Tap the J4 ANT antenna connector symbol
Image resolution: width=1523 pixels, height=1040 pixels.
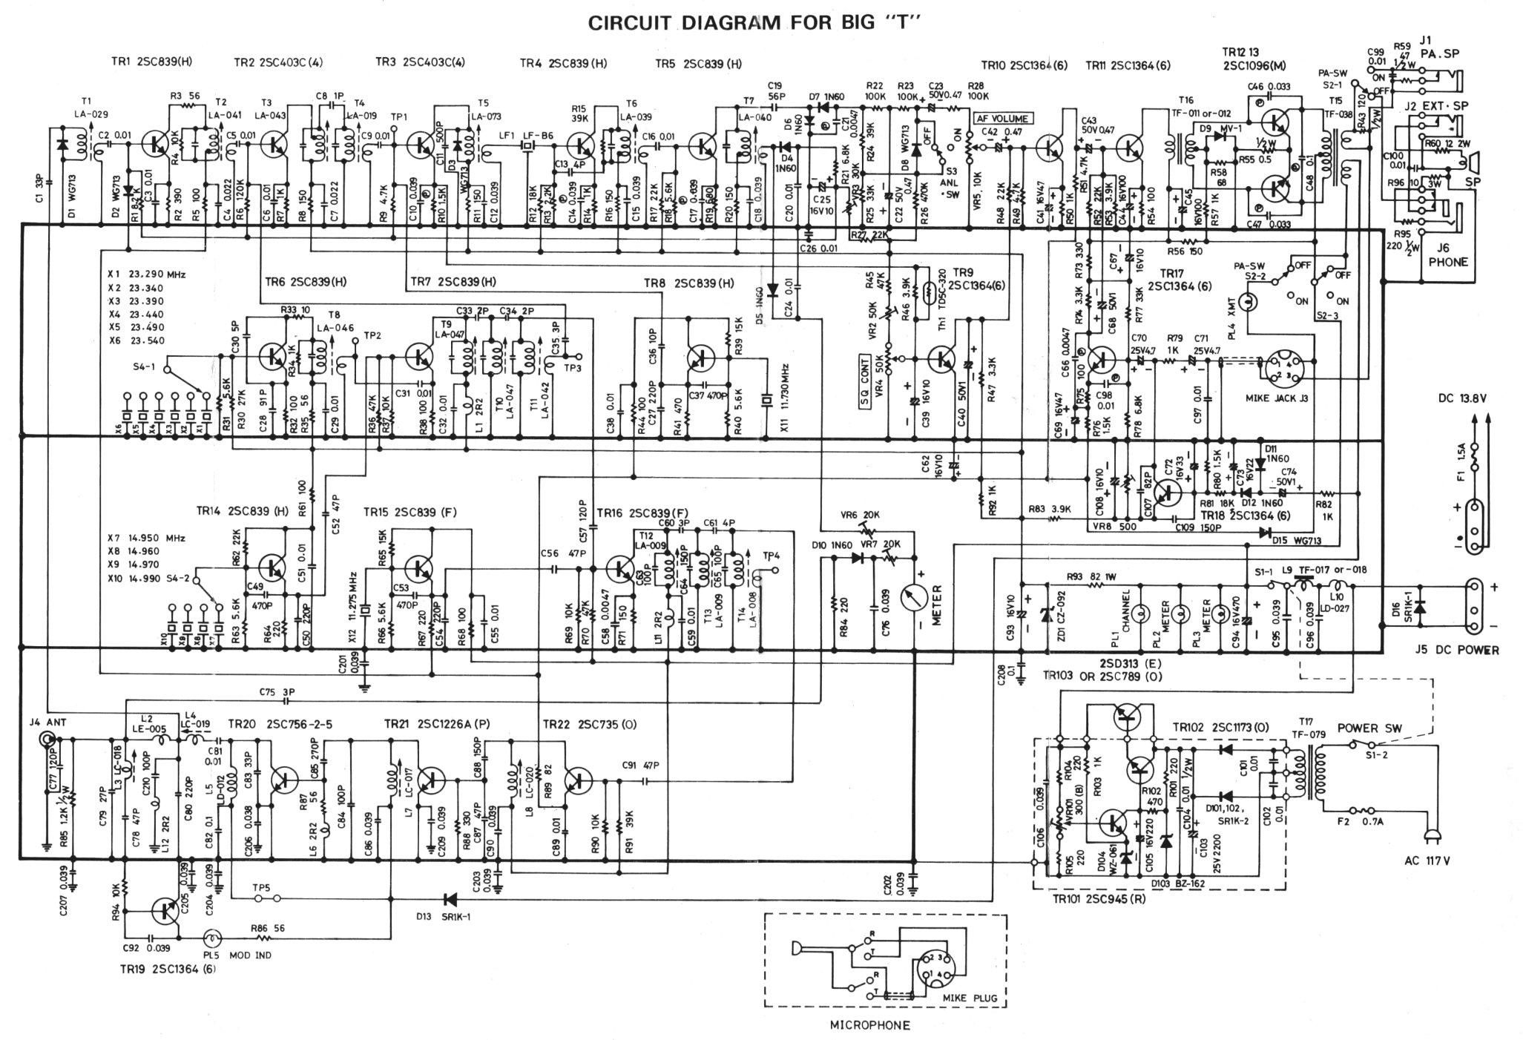48,740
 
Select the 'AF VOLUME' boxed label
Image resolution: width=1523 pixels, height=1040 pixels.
1003,119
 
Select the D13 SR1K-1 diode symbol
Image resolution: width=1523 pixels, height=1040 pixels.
449,899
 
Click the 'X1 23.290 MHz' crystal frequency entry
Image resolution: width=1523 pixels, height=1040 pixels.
147,274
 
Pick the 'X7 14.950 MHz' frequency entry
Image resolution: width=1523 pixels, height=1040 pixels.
147,538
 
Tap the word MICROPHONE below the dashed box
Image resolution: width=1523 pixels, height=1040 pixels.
869,1026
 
